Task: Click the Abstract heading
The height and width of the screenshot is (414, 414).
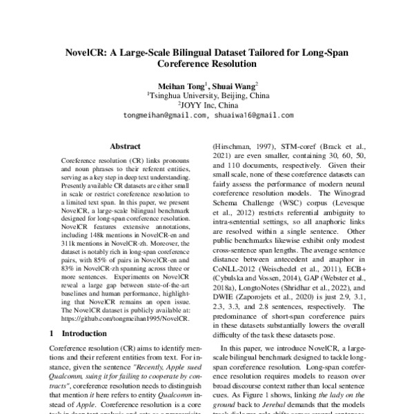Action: pyautogui.click(x=126, y=146)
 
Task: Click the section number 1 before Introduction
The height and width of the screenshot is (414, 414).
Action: pyautogui.click(x=55, y=333)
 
